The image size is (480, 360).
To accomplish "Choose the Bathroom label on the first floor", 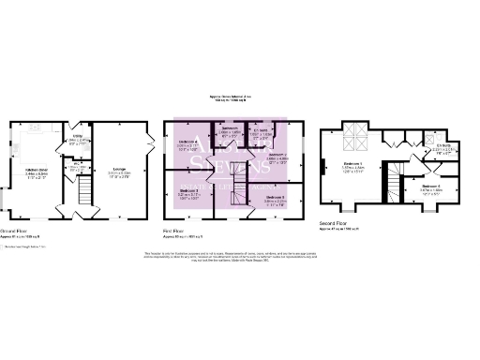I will pyautogui.click(x=229, y=132).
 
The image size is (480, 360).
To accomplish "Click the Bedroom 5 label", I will pyautogui.click(x=274, y=199).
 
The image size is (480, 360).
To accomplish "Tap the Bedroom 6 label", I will pyautogui.click(x=431, y=187).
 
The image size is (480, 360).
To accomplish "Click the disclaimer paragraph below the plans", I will pyautogui.click(x=240, y=257).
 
